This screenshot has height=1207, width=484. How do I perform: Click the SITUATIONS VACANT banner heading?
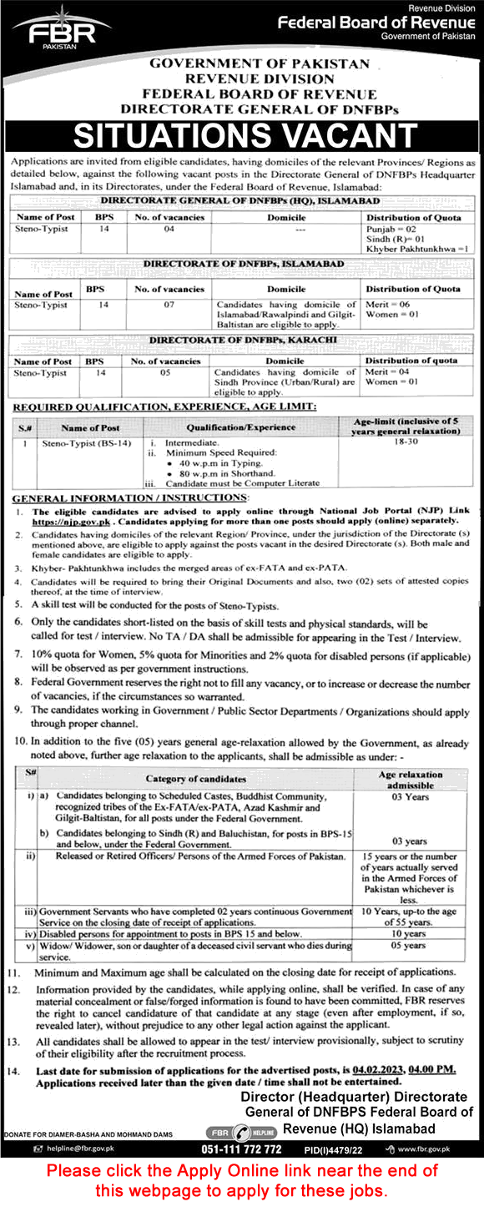point(241,134)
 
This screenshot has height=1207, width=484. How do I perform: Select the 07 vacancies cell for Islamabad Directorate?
point(169,306)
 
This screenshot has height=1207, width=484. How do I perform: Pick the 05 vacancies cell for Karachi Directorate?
point(164,373)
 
